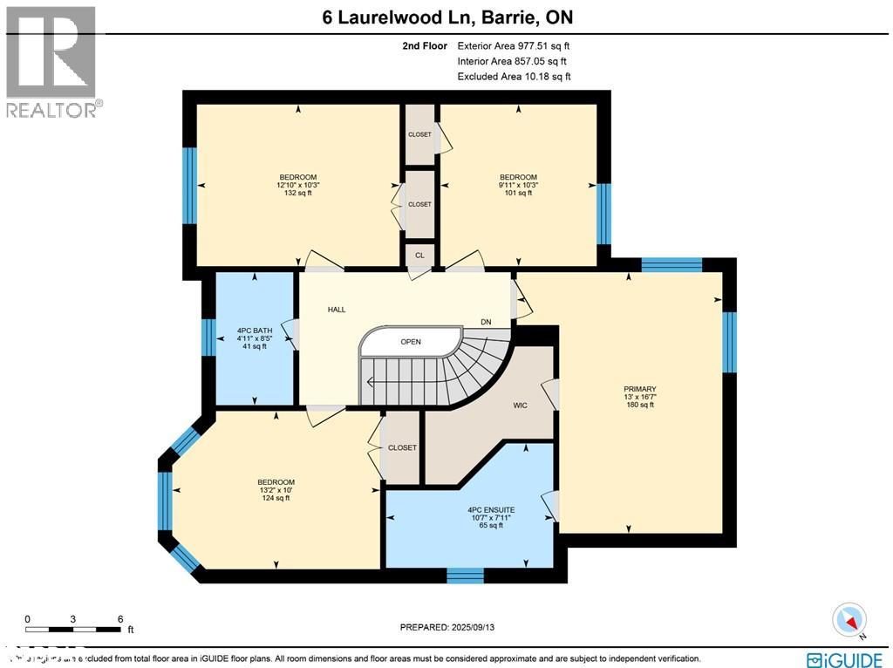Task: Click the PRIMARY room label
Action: tap(639, 389)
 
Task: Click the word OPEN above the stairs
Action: tap(411, 342)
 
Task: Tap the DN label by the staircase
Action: tap(486, 323)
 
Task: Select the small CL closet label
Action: tap(419, 256)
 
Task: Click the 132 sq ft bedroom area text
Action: tap(297, 193)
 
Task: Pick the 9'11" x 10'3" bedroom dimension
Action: tap(518, 185)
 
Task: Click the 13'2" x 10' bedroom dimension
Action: tap(276, 490)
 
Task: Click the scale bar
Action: tap(73, 628)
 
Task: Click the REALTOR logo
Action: tap(51, 61)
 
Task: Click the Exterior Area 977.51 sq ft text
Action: tap(514, 46)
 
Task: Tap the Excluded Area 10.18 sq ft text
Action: tap(514, 77)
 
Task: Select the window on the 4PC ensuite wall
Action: tap(465, 575)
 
